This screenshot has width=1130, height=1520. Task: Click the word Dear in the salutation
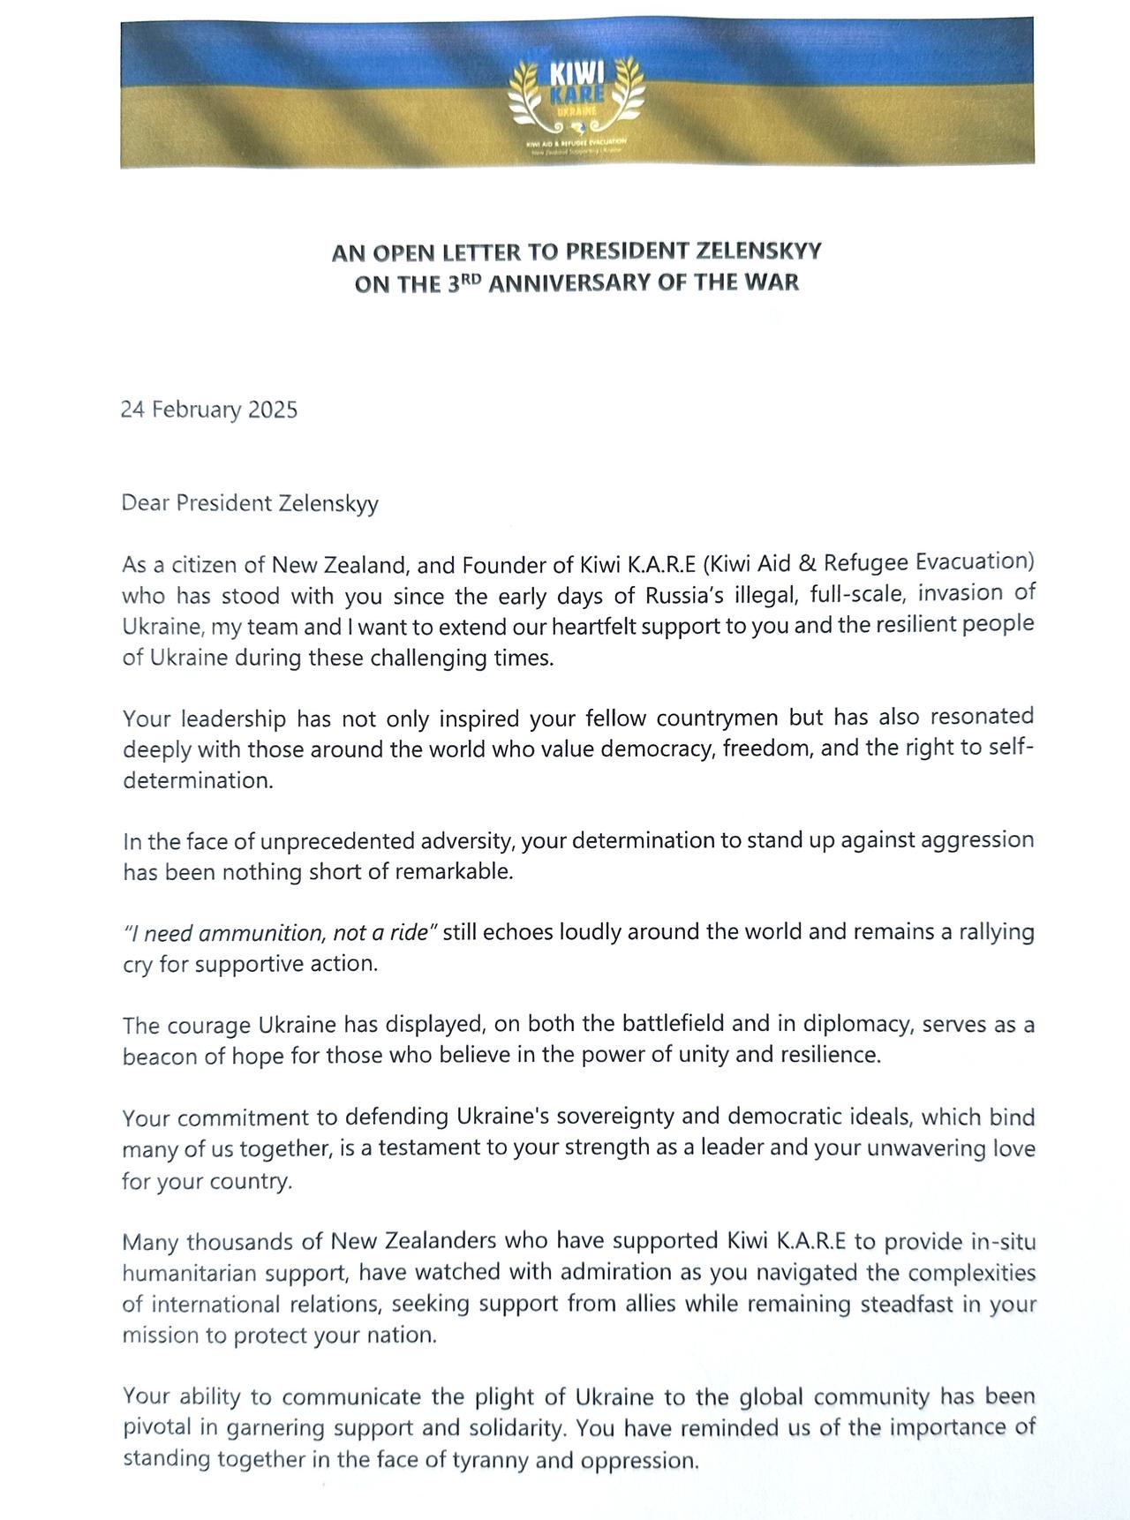[146, 503]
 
